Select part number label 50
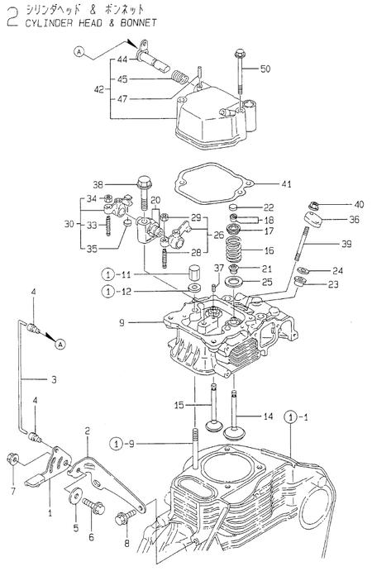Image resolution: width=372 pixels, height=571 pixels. tap(265, 69)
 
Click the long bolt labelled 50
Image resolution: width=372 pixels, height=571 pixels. tap(238, 74)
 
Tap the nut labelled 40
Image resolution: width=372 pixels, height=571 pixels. tap(314, 206)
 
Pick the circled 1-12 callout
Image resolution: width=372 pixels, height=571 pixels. tap(116, 291)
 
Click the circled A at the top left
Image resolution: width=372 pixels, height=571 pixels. tap(79, 52)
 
